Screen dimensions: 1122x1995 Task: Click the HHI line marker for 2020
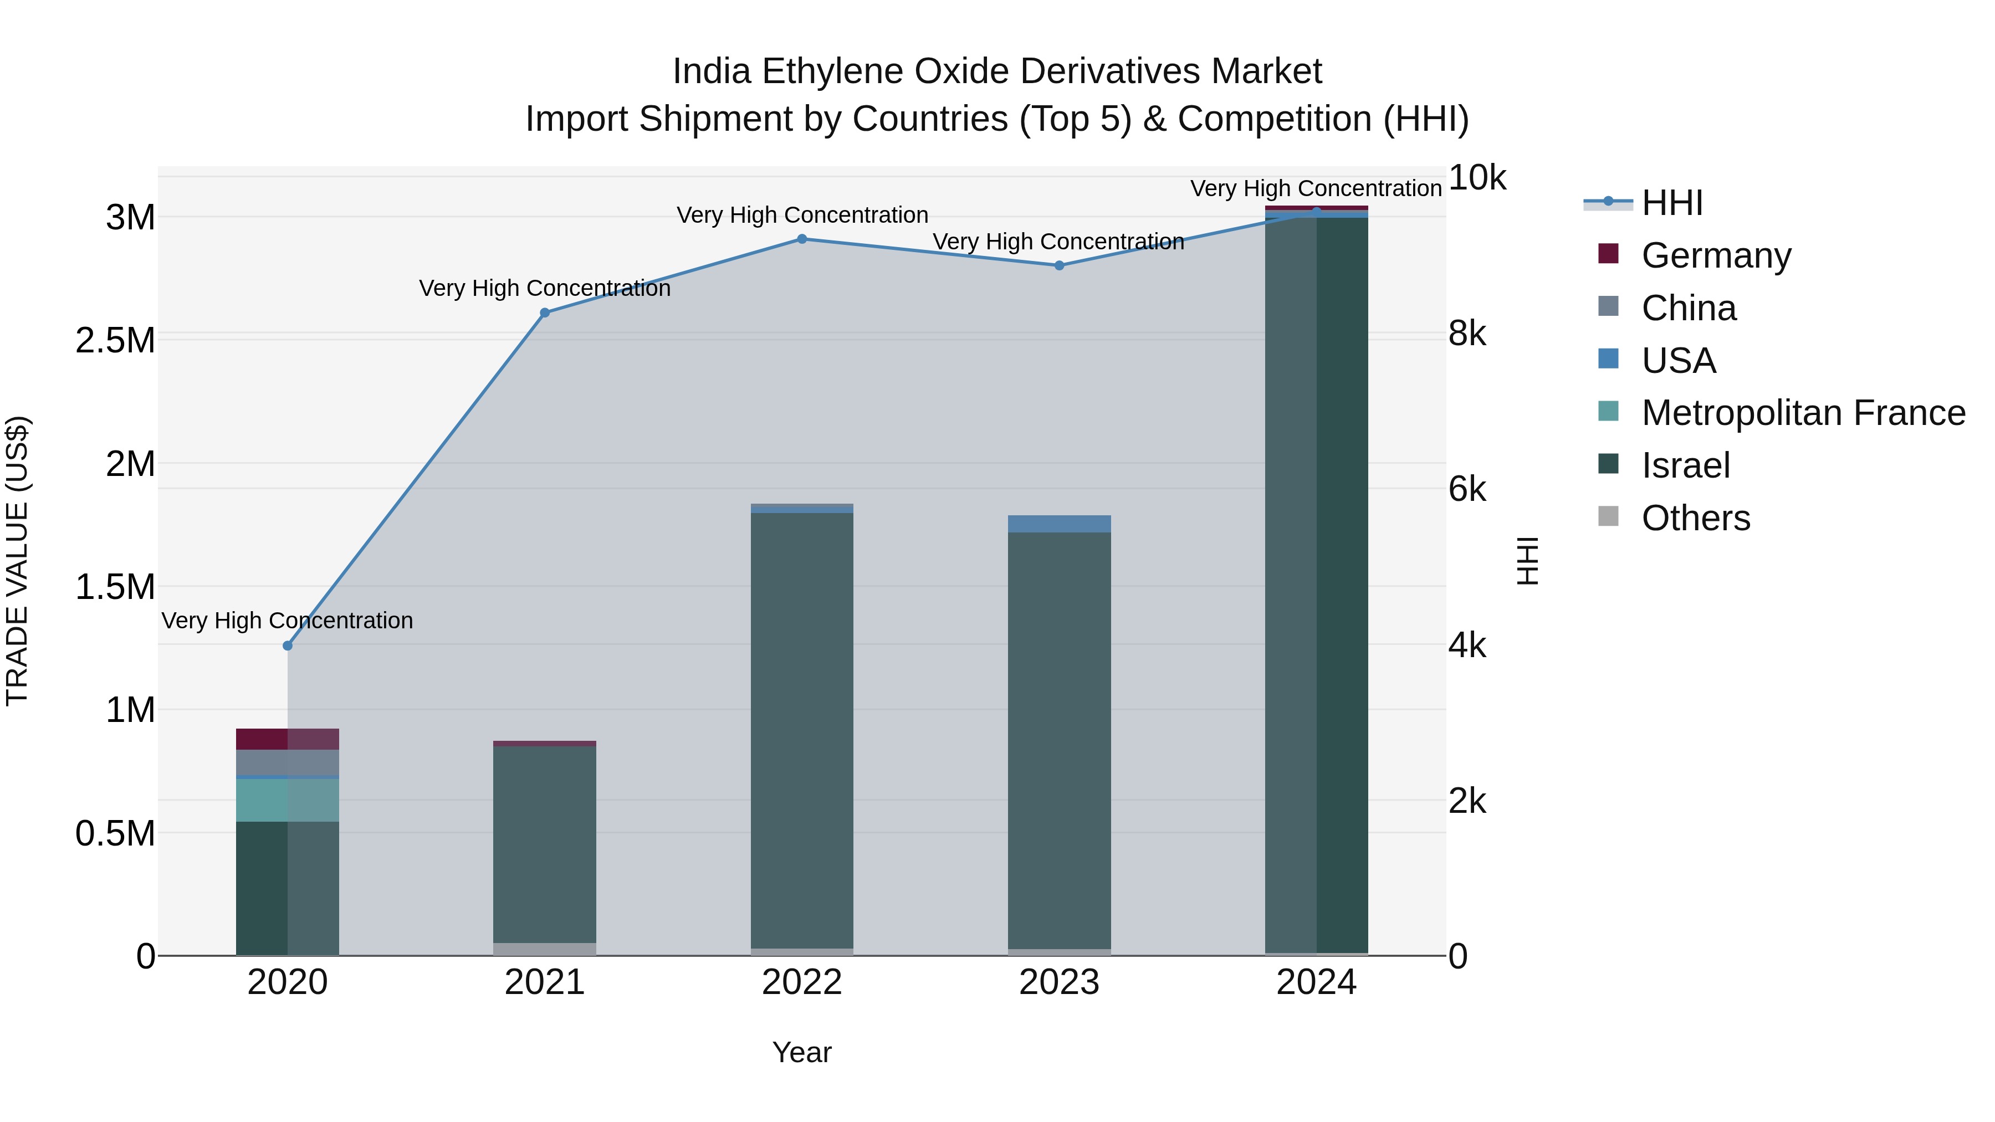(287, 645)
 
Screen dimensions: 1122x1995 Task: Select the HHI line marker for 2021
(544, 313)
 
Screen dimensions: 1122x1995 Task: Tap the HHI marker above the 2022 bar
(801, 239)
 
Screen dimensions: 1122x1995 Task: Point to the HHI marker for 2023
(1058, 265)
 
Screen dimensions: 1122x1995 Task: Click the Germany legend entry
(1715, 255)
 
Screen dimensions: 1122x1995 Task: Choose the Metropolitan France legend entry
(1803, 413)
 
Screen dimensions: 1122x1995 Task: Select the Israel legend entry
(1685, 465)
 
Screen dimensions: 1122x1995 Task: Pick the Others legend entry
(1695, 518)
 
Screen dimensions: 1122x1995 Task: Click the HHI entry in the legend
(1671, 203)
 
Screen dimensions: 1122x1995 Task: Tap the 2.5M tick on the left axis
(115, 341)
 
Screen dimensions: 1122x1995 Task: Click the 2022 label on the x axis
(801, 982)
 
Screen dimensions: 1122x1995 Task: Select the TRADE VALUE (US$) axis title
(18, 561)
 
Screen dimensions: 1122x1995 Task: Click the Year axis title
(801, 1052)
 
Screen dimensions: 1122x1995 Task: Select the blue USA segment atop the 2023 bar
(1058, 524)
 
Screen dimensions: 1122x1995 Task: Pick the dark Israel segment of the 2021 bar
(544, 844)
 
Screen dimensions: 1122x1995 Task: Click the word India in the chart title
(712, 71)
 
